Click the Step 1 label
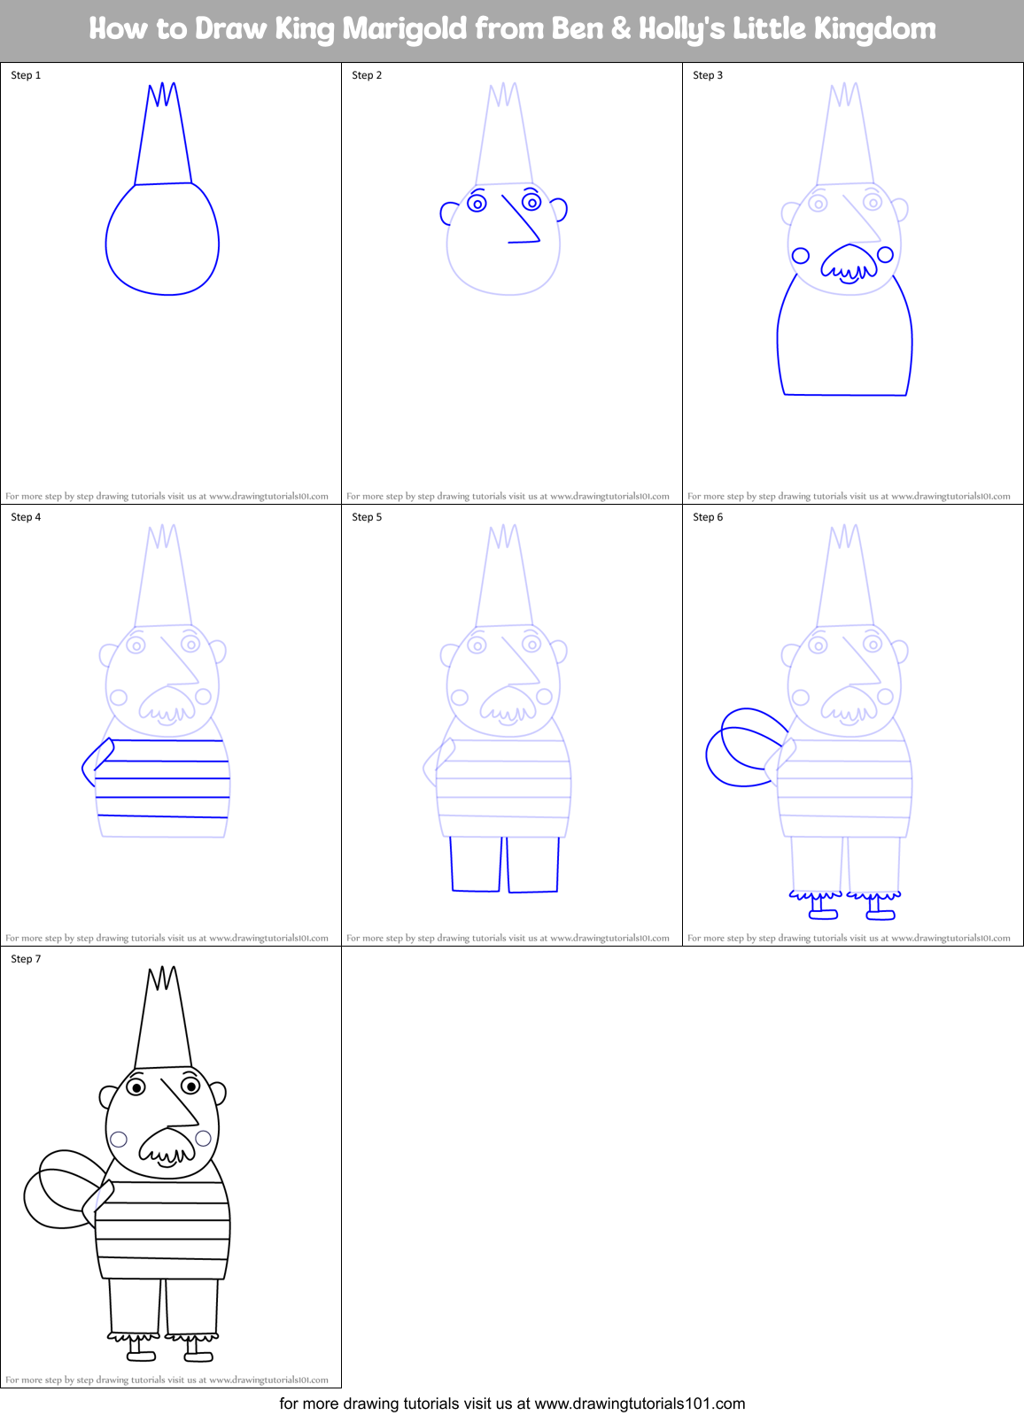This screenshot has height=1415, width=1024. [26, 75]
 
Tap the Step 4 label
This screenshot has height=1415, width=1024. [26, 517]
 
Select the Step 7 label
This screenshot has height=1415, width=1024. [26, 959]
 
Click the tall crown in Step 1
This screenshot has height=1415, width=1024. [163, 137]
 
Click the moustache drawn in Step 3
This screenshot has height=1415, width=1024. [849, 263]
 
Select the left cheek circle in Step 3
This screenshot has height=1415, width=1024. [801, 256]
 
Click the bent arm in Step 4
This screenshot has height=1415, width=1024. [97, 761]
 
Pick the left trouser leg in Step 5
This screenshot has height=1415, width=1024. [477, 864]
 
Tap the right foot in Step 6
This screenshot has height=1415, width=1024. [880, 912]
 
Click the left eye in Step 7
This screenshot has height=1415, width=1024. [136, 1086]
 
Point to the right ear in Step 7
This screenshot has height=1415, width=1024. [218, 1094]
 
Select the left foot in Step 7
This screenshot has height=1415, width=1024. [141, 1354]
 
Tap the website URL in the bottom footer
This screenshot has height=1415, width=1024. [640, 1403]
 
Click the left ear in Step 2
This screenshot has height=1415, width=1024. [449, 213]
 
